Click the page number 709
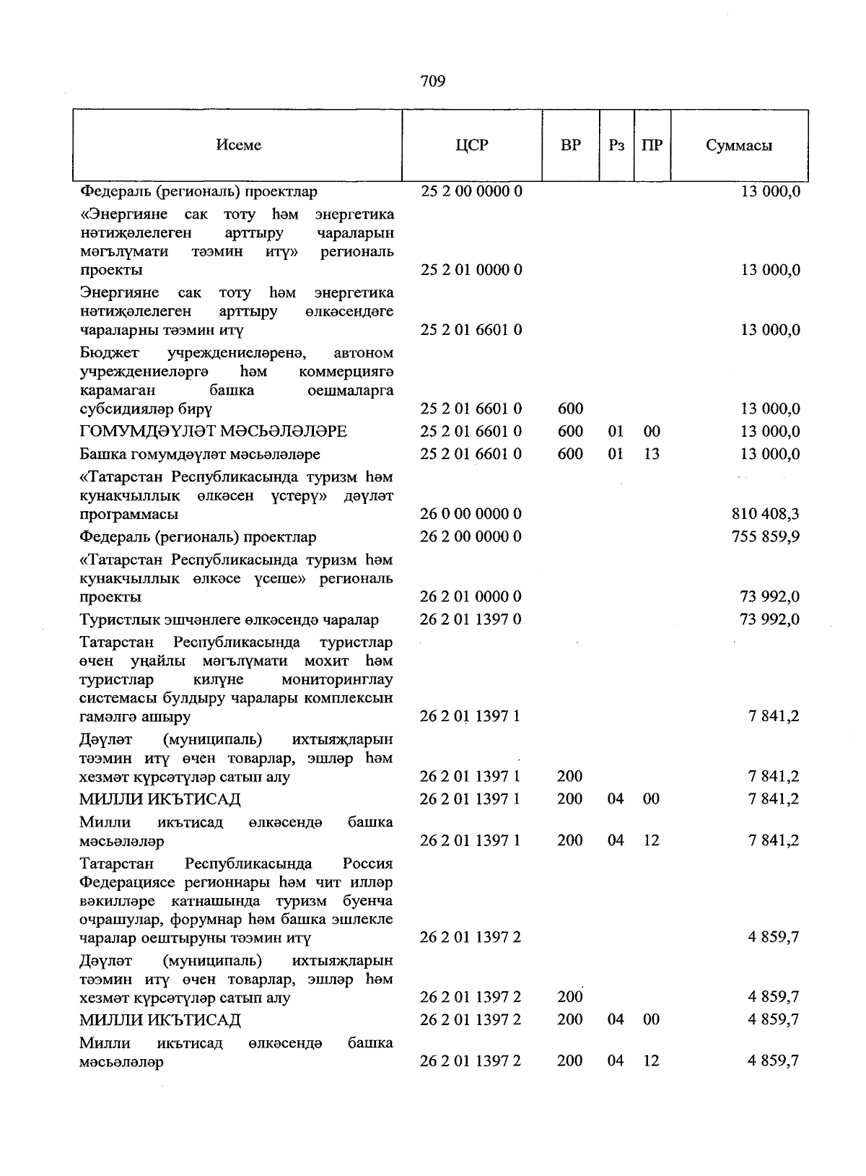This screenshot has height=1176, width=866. point(432,81)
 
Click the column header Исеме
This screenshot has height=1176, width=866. point(238,145)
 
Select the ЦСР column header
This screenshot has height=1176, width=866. point(471,145)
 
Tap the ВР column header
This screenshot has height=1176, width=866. point(570,145)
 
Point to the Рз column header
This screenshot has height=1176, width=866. point(616,145)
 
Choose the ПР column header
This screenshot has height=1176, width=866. point(652,145)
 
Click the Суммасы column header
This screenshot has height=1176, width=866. point(738,145)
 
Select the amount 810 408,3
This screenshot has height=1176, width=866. point(765,515)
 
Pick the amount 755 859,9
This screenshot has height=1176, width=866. point(765,537)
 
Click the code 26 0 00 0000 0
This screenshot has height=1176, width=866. point(471,515)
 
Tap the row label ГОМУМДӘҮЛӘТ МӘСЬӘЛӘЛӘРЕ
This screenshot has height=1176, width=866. point(213,432)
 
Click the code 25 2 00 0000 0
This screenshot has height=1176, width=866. point(471,191)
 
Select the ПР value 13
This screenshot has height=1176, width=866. point(652,454)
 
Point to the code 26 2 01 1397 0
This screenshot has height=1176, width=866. point(471,619)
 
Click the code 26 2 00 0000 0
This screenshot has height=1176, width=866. point(471,537)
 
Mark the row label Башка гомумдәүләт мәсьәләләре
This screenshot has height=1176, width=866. point(200,454)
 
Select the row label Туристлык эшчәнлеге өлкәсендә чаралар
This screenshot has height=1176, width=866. point(229,619)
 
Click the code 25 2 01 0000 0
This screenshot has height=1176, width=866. point(471,270)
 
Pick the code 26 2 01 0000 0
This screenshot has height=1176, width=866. point(471,597)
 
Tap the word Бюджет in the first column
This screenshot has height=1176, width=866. point(110,353)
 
